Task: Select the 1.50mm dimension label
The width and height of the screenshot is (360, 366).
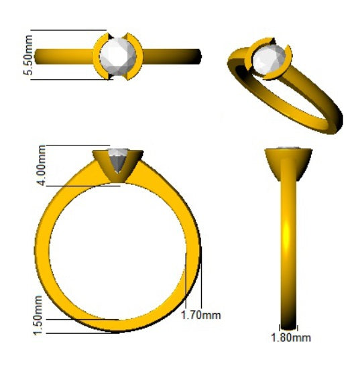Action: [38, 315]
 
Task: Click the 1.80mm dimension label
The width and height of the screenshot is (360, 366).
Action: [290, 337]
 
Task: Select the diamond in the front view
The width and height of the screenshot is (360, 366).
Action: [119, 162]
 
